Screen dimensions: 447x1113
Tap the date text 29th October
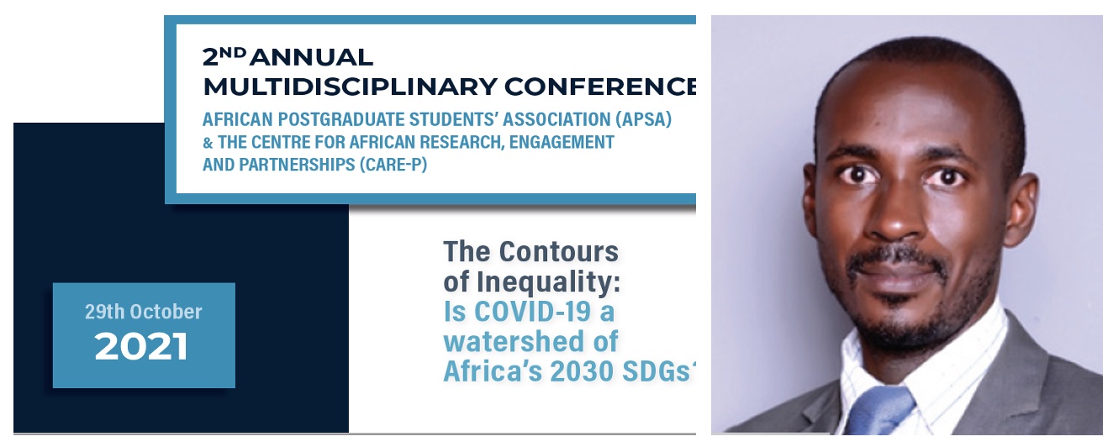144,312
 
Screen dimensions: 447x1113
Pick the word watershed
530,342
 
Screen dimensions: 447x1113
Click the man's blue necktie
878,413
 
